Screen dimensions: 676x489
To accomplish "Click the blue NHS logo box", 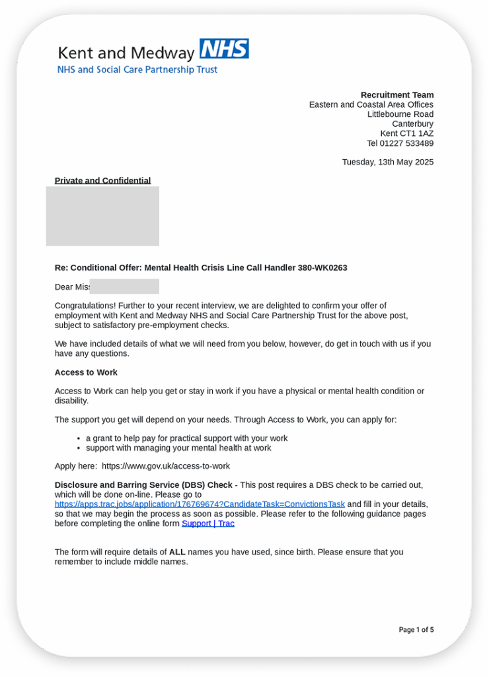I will tap(224, 50).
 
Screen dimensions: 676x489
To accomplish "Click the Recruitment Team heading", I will tap(397, 95).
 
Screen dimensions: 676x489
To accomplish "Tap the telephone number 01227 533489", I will tap(410, 143).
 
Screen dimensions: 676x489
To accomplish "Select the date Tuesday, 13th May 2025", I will tap(388, 162).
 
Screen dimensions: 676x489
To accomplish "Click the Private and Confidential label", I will tap(102, 180).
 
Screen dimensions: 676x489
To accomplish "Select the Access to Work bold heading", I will tap(86, 372).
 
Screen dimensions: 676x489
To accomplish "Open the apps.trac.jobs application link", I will tap(200, 504).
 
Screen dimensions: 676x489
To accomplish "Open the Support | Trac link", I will tap(208, 524).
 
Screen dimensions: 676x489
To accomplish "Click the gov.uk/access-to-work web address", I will tap(166, 466).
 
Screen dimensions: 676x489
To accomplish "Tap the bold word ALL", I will tap(177, 552).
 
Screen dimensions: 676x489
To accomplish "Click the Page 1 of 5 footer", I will tap(416, 630).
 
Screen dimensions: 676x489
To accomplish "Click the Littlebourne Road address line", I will tap(400, 114).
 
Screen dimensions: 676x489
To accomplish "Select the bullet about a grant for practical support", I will tap(186, 438).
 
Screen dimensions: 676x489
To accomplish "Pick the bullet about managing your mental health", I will tap(178, 448).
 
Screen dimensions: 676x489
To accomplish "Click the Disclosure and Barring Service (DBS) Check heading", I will tap(143, 485).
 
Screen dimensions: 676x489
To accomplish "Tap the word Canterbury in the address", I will tap(412, 124).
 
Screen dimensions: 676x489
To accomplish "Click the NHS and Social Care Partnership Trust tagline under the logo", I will tap(137, 69).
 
